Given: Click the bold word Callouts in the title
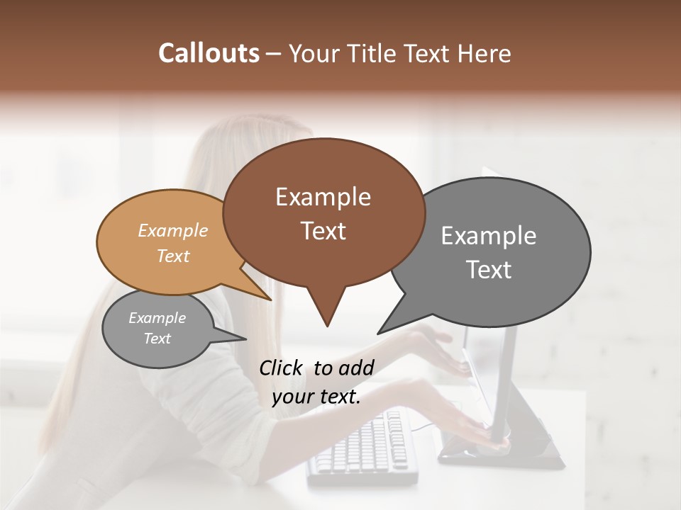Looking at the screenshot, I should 209,53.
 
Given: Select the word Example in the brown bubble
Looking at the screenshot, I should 323,197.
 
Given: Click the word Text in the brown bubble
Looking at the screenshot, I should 323,231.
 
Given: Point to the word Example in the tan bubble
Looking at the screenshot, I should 173,230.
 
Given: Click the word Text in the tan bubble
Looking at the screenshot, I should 173,256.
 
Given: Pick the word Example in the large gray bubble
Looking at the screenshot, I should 489,236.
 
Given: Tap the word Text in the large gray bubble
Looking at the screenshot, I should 489,270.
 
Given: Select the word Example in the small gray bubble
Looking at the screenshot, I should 157,318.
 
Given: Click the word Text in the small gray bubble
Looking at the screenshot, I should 157,339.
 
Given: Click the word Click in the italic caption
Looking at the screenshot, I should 282,368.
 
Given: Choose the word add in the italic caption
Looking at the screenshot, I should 356,368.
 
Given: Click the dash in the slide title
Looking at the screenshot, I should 274,54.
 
